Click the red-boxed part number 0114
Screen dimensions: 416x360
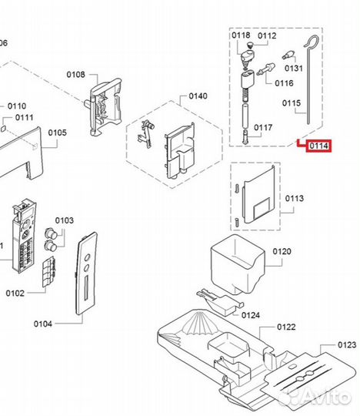click(x=318, y=146)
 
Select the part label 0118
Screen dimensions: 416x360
click(x=242, y=35)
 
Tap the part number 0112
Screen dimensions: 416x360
click(x=267, y=35)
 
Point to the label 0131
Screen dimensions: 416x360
click(x=294, y=68)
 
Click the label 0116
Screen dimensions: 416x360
click(x=284, y=82)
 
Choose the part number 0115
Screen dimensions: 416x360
click(x=292, y=102)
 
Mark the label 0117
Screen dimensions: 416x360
click(x=264, y=127)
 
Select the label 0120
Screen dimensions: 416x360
click(x=282, y=252)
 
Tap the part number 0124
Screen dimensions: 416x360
click(x=251, y=314)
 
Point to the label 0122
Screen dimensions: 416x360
click(x=286, y=327)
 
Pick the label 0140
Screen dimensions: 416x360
click(x=198, y=96)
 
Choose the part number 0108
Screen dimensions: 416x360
click(x=76, y=74)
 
